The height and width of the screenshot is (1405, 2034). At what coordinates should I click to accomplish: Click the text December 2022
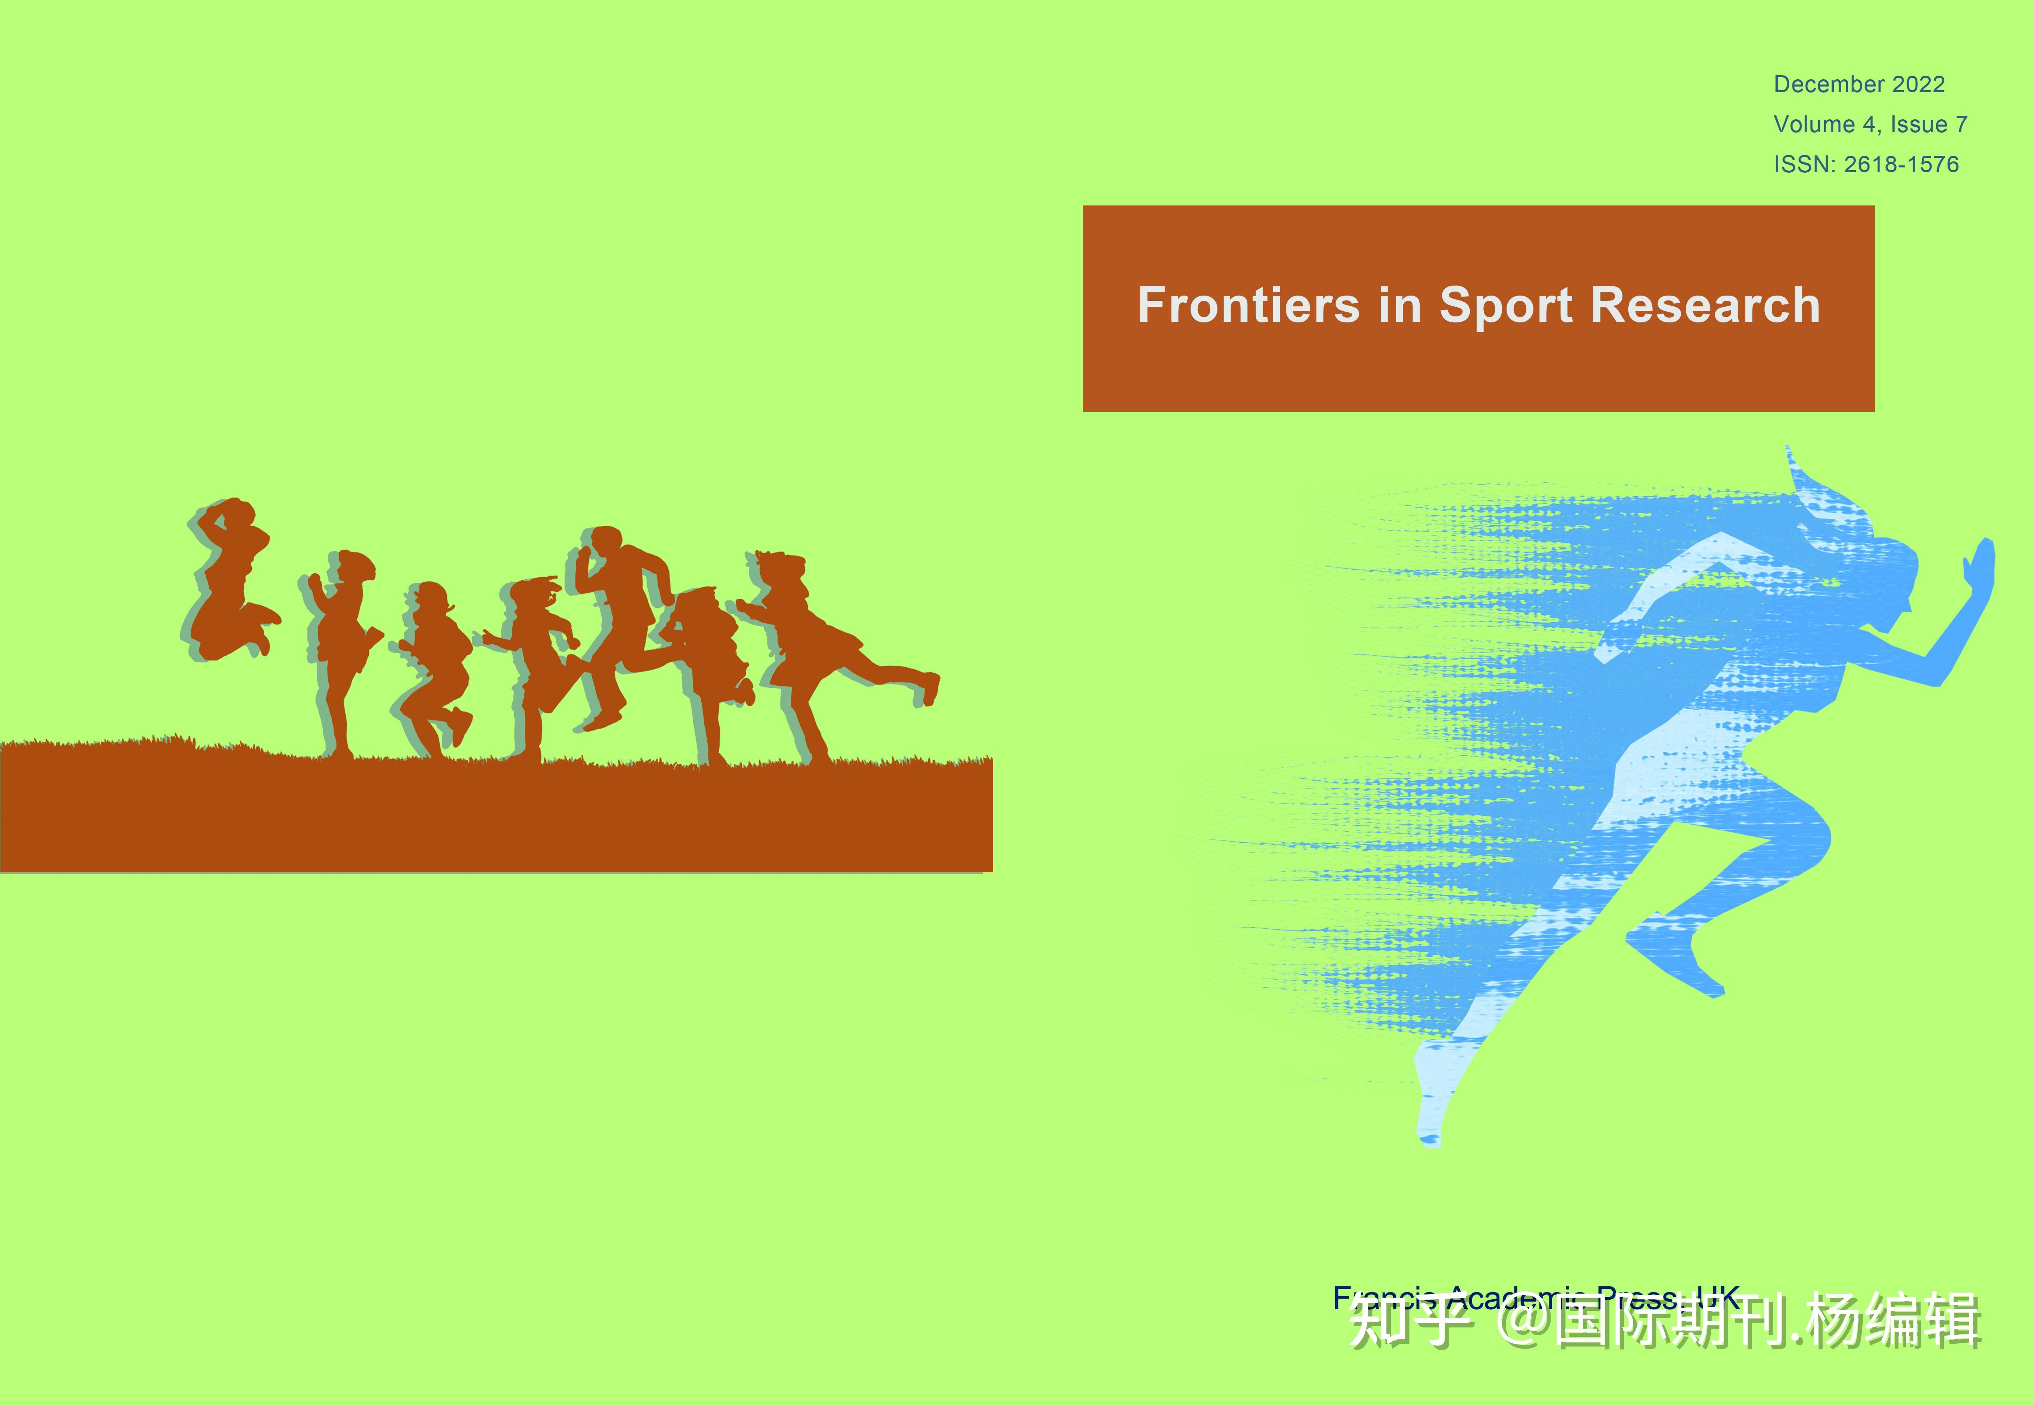pos(1859,85)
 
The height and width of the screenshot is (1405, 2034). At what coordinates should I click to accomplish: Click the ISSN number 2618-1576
pos(1901,165)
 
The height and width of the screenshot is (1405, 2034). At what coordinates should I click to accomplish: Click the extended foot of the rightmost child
pos(929,686)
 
